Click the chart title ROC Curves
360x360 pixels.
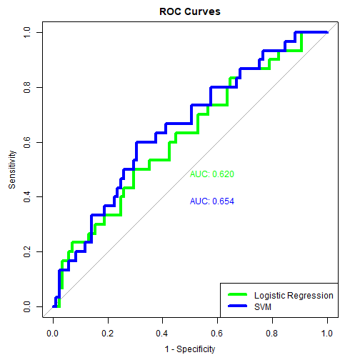coord(180,12)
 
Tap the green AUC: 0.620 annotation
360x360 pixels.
coord(212,174)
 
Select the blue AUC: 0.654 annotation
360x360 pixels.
coord(212,201)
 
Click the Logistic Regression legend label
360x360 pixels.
coord(294,295)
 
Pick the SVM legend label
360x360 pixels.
coord(264,306)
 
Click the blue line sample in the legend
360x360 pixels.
coord(236,306)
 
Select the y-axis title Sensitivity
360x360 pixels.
coord(12,169)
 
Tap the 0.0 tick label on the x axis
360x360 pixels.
coord(53,334)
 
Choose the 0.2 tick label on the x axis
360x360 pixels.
coord(108,334)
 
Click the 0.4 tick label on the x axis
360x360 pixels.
coord(163,334)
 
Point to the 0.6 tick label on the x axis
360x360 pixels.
coord(218,334)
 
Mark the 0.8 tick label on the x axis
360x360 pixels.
coord(273,334)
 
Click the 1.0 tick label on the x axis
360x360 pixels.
coord(328,334)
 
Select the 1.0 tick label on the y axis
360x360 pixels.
coord(26,32)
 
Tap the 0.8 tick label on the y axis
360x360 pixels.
coord(26,87)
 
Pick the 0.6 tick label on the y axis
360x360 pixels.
coord(26,142)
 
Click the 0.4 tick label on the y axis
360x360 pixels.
coord(26,197)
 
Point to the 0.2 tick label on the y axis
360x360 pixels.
coord(26,252)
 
